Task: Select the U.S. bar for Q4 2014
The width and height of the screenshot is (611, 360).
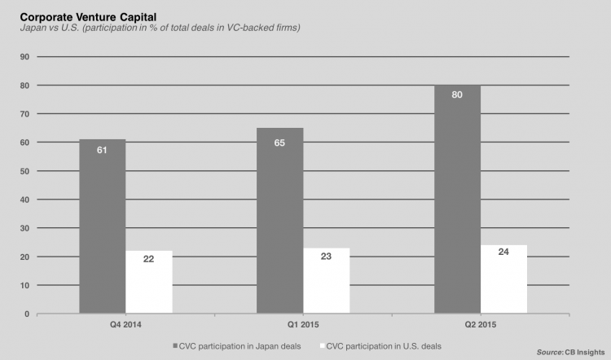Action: tap(149, 282)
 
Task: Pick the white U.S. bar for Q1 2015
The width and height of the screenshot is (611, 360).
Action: tap(326, 281)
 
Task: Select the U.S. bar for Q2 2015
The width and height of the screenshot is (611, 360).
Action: tap(503, 279)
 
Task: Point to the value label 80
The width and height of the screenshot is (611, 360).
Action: tap(457, 94)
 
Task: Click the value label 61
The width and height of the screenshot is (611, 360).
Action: tap(103, 149)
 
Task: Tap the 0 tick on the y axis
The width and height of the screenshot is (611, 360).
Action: tap(27, 314)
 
